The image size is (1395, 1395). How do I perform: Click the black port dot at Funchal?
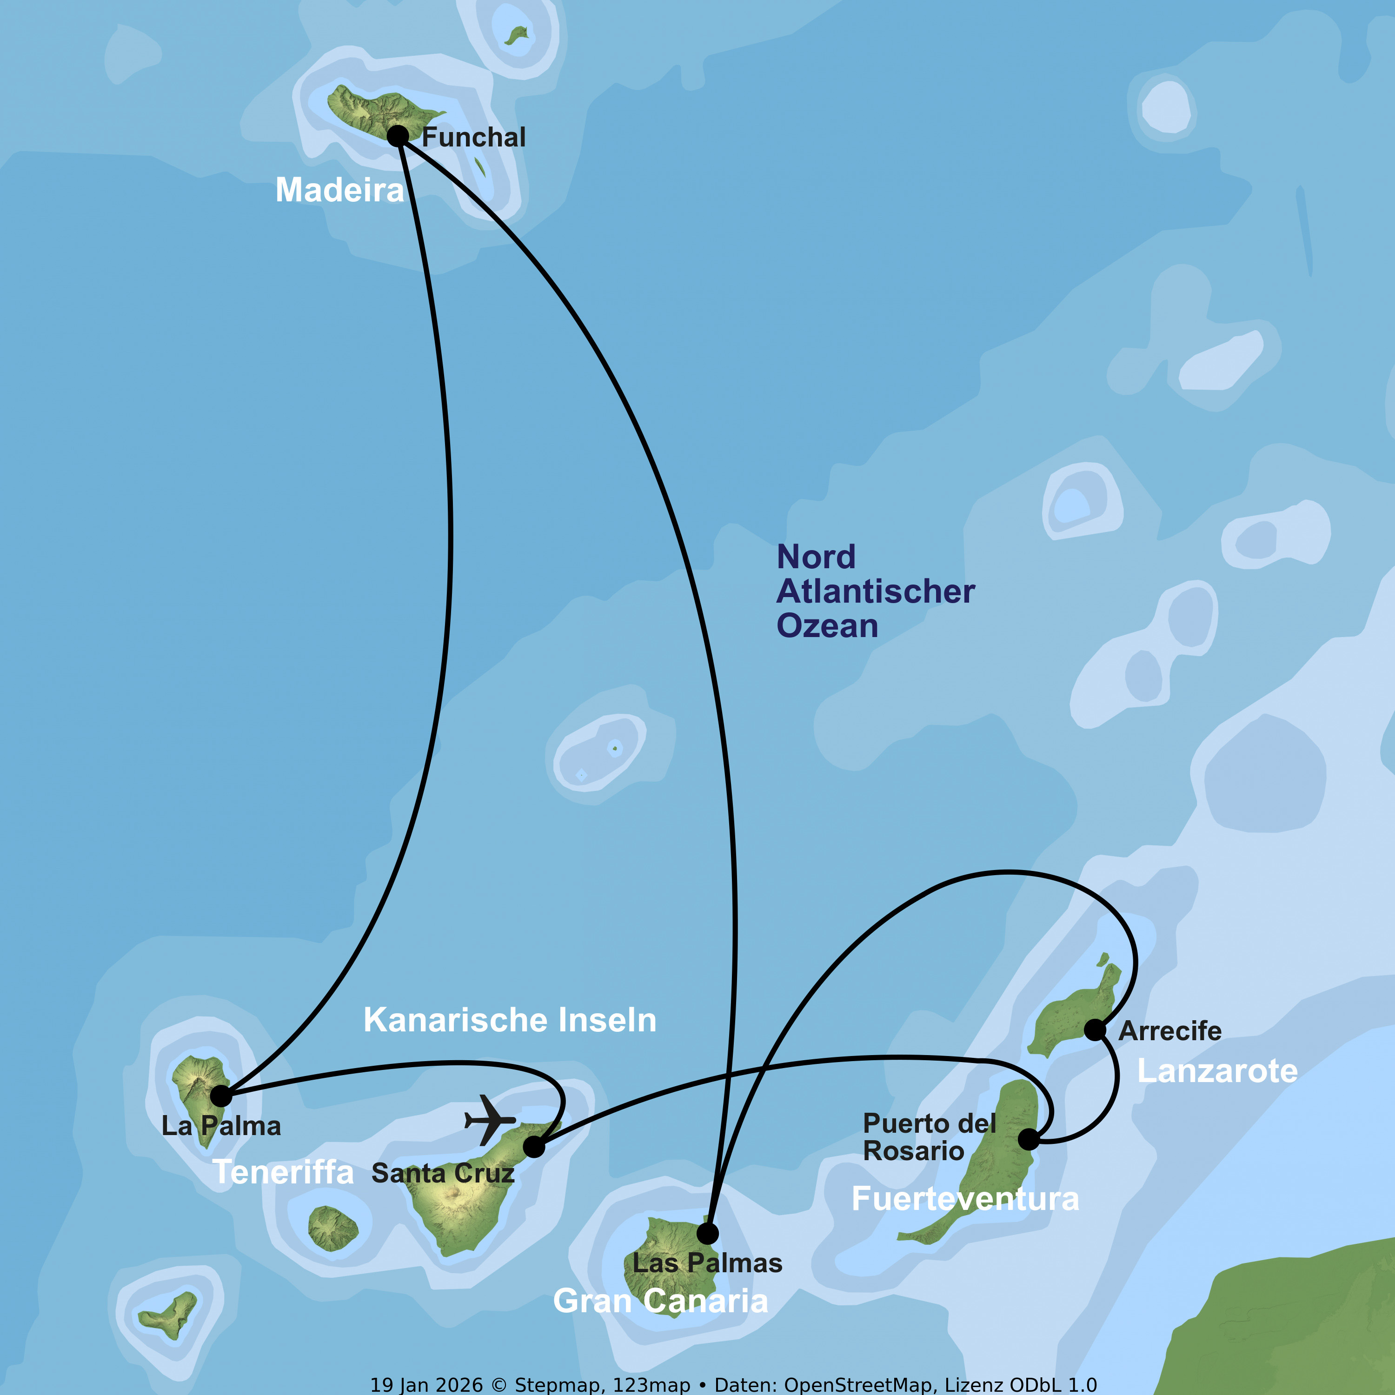398,136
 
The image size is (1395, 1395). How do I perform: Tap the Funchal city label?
474,137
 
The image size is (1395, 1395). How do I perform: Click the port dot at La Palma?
221,1096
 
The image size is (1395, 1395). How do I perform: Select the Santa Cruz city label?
443,1173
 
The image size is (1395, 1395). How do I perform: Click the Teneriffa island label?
283,1172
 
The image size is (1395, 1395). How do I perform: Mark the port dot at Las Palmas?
708,1233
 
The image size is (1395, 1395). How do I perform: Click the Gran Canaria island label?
661,1301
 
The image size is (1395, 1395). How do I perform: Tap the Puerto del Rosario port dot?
1028,1139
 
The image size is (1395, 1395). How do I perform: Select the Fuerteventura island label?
965,1199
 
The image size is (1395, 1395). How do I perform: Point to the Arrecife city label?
1170,1031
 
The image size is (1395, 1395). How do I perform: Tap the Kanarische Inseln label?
510,1020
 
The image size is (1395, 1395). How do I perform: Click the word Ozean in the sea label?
827,625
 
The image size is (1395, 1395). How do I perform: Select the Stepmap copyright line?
733,1385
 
